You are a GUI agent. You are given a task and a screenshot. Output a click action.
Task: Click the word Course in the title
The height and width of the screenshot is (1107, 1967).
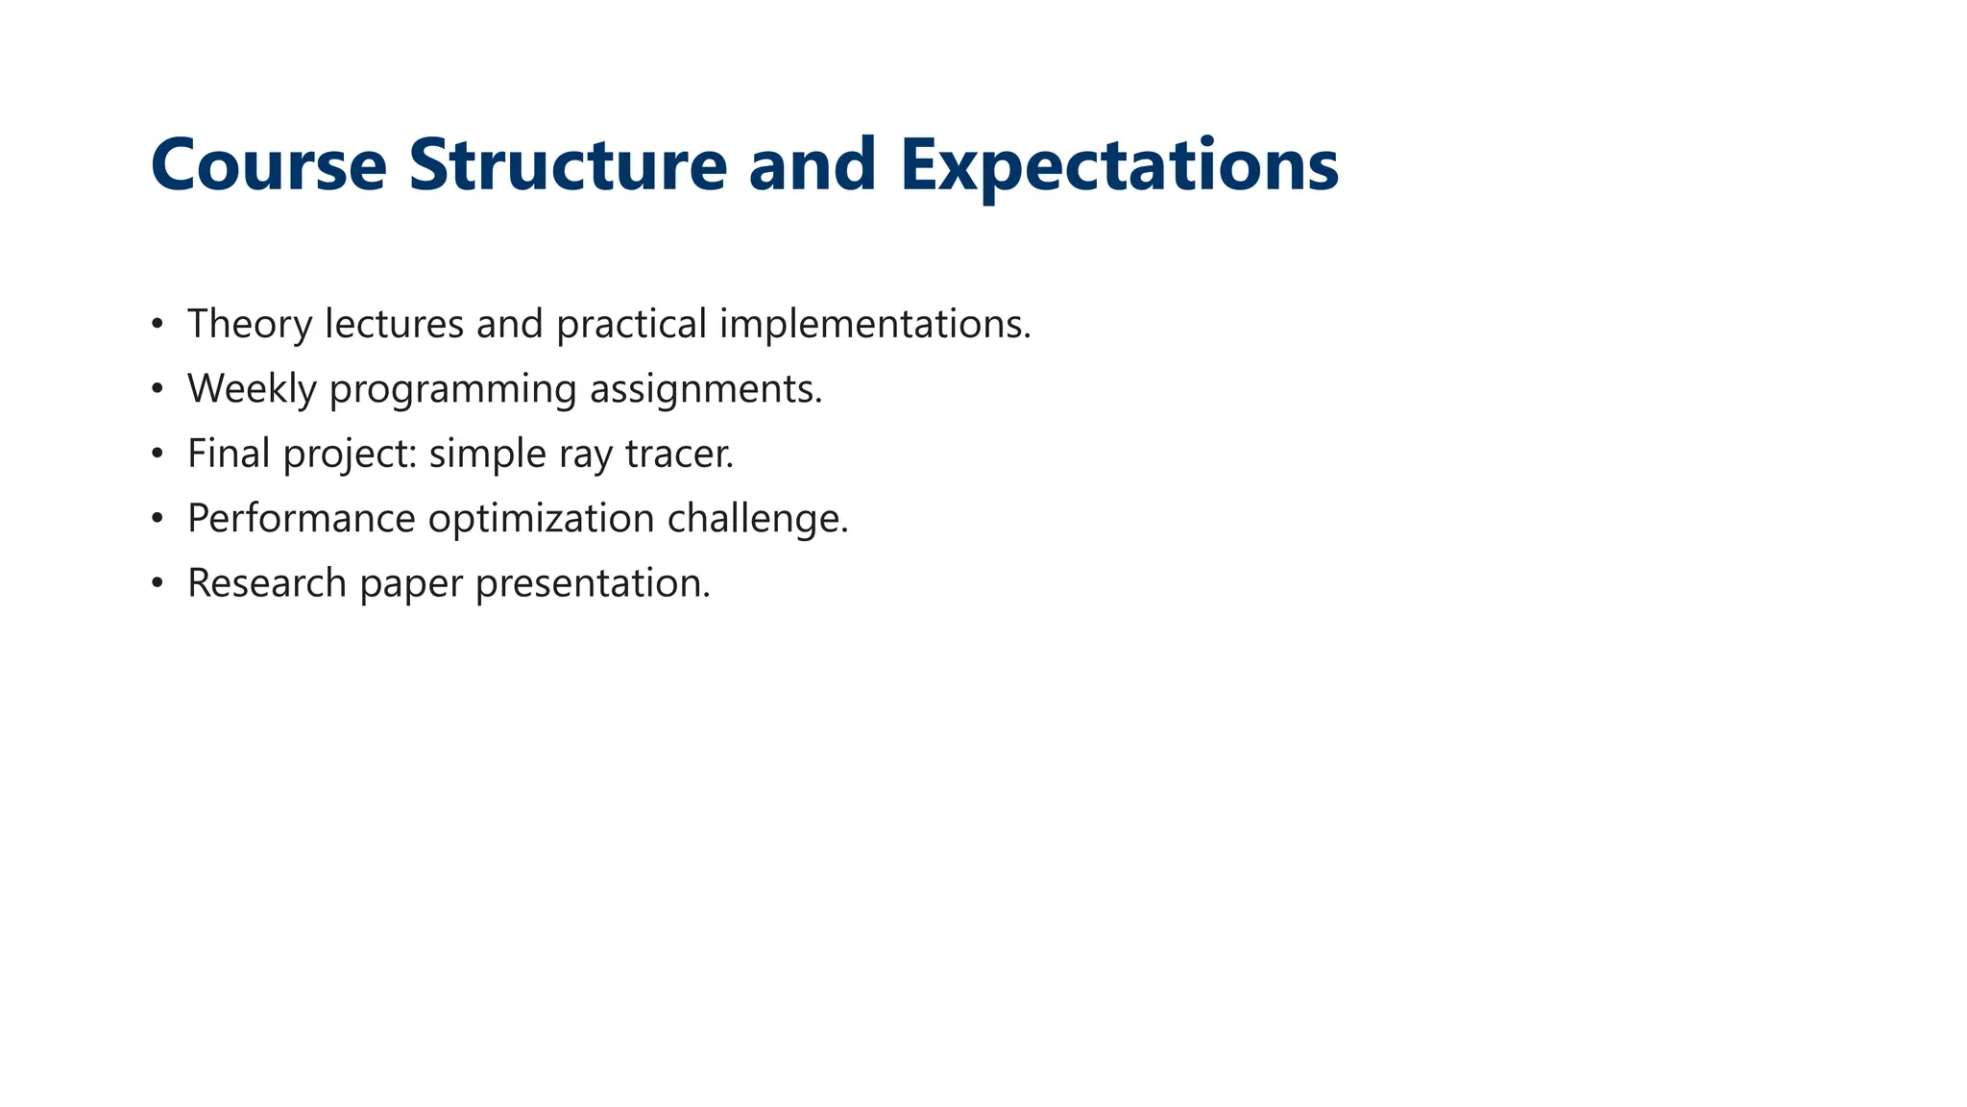(x=268, y=165)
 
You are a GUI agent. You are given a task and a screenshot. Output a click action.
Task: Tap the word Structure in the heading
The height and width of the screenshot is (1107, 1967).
(x=568, y=165)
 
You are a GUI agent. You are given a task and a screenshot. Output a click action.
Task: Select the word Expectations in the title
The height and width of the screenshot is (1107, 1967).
(x=1119, y=165)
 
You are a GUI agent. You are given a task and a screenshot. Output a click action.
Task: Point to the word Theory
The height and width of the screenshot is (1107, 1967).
(x=250, y=324)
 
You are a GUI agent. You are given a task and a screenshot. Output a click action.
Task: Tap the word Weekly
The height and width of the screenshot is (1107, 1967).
(x=252, y=389)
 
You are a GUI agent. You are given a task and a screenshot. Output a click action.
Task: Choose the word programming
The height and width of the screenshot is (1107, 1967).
(x=452, y=389)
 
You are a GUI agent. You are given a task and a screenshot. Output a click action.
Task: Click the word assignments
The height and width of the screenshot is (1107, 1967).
(x=706, y=389)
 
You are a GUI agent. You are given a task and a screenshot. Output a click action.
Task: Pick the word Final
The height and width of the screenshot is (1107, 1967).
(x=229, y=454)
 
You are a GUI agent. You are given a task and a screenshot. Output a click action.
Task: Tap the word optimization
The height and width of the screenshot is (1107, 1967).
(x=541, y=519)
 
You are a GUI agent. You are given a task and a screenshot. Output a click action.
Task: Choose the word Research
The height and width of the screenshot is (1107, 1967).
(x=267, y=583)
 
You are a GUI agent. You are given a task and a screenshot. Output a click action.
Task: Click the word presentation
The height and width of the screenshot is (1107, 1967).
(x=593, y=583)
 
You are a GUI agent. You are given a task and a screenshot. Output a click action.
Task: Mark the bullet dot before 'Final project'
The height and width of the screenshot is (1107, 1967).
(x=158, y=454)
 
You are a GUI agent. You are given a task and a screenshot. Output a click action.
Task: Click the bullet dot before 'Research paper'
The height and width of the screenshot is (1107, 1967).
(x=158, y=583)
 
